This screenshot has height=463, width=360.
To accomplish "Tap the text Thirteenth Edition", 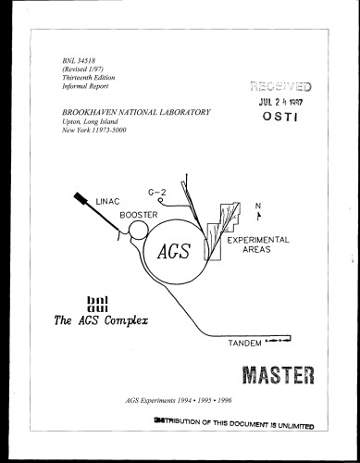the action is (x=84, y=79).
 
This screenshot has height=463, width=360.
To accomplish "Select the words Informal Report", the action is (x=81, y=88).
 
